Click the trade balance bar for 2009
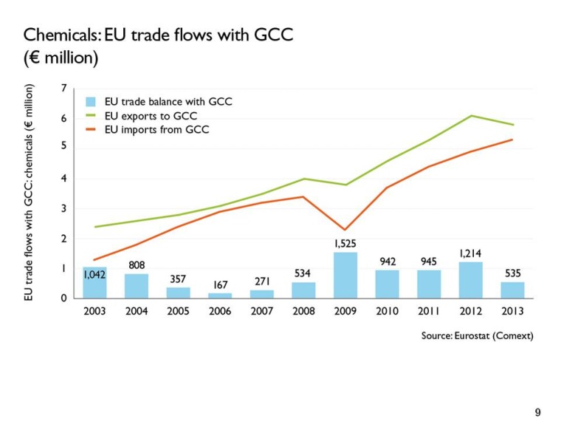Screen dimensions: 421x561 (345, 275)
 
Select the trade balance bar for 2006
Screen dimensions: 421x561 (219, 295)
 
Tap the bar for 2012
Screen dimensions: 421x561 (470, 280)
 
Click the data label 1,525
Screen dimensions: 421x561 (345, 243)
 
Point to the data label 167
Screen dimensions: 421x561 (219, 284)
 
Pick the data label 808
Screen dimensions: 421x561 (136, 264)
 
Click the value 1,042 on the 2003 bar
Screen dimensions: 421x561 (94, 275)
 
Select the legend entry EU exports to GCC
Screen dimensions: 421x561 (151, 116)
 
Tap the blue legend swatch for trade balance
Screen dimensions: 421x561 (92, 102)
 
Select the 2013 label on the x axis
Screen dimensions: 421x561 (512, 312)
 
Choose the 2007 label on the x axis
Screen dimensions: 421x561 (261, 312)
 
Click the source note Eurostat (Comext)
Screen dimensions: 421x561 (477, 335)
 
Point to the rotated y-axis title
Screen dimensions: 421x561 (29, 191)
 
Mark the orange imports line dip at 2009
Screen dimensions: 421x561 (345, 230)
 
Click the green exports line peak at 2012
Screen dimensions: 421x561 (470, 116)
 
